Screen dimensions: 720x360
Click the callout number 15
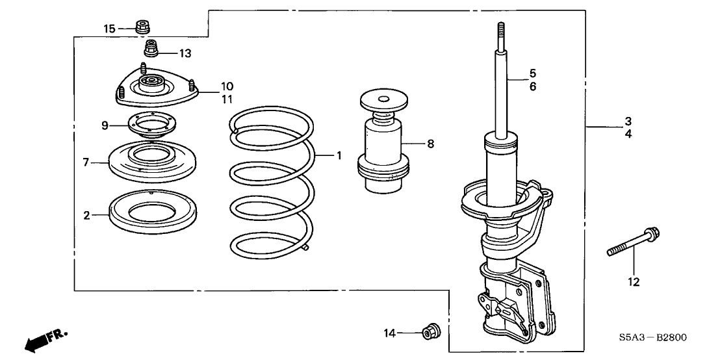pos(109,29)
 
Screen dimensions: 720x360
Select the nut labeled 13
pos(151,48)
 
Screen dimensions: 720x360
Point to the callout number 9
pos(105,125)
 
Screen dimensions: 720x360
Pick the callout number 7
pos(85,162)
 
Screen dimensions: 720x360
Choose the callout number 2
pos(86,214)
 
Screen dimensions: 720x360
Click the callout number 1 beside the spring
pos(339,156)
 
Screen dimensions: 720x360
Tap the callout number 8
pos(430,144)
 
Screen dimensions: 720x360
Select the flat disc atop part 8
pos(384,100)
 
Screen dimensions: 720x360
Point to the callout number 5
pos(533,73)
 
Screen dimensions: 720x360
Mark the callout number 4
pos(628,135)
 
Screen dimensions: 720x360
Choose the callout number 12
pos(634,282)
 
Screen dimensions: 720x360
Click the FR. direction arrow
pos(46,339)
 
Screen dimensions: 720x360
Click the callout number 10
pos(227,86)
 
